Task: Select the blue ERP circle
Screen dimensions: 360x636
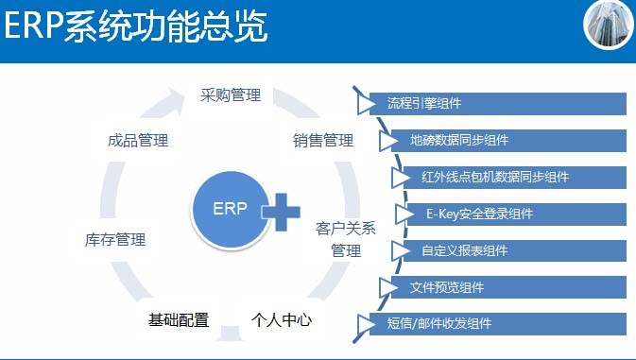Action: tap(230, 210)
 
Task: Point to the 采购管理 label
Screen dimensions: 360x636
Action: tap(231, 95)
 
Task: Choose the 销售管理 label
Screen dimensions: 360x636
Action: tap(323, 141)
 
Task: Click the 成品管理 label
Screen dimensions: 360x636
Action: tap(138, 141)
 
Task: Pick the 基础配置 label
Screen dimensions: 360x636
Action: tap(178, 319)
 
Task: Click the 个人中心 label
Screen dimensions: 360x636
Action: tap(282, 319)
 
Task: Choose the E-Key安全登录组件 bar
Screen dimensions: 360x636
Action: tap(515, 214)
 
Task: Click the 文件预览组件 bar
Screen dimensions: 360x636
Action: tap(506, 287)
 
